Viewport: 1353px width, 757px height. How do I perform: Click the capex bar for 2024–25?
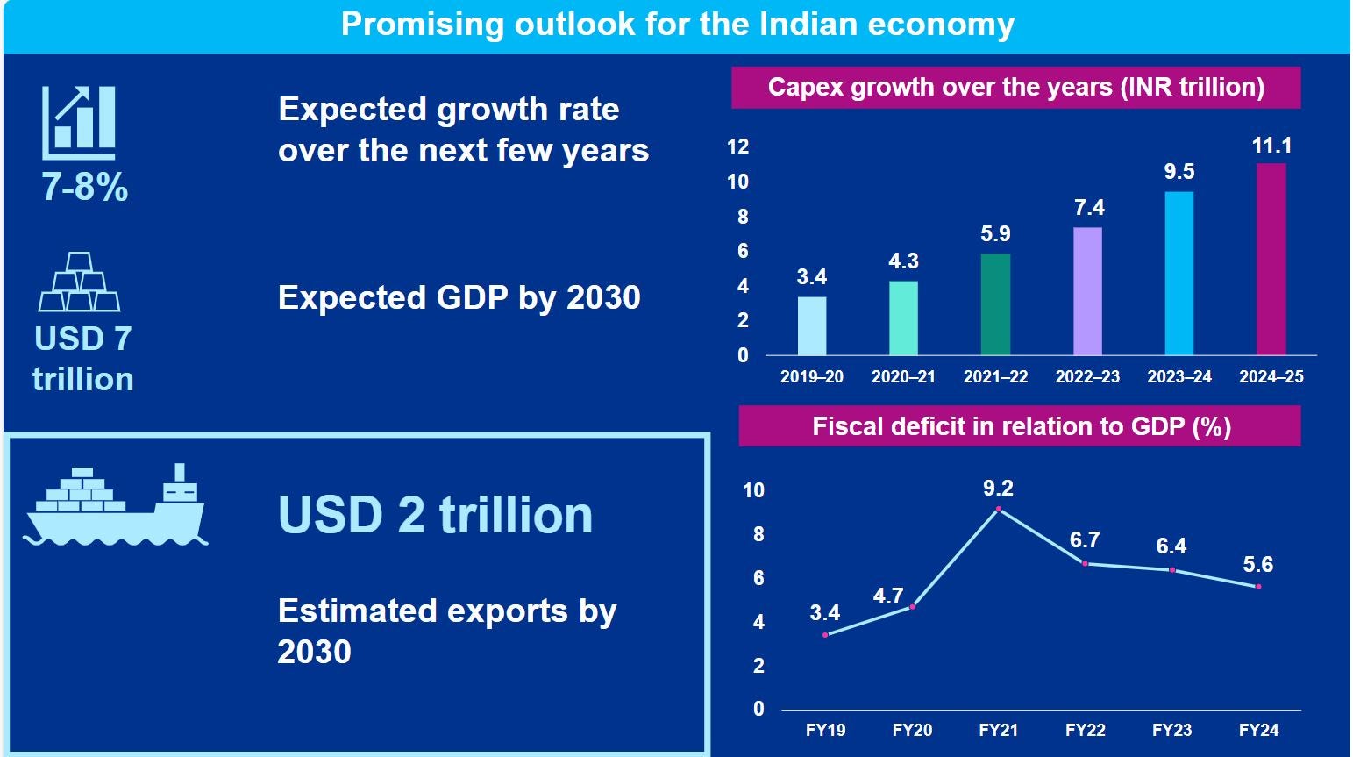click(x=1271, y=259)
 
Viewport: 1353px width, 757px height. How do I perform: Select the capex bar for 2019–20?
click(x=812, y=325)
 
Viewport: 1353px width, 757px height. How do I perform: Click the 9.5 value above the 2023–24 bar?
click(x=1179, y=172)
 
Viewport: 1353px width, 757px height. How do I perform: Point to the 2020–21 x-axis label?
click(x=903, y=377)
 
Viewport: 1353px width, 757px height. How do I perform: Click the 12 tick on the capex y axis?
click(x=738, y=146)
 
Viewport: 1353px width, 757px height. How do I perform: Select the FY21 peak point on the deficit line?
click(x=998, y=509)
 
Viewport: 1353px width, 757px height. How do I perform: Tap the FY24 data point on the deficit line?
click(x=1258, y=586)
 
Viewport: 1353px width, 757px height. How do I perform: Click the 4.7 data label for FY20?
click(x=888, y=596)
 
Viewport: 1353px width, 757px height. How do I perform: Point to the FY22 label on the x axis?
click(x=1085, y=730)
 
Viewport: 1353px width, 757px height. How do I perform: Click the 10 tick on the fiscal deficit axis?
click(x=754, y=490)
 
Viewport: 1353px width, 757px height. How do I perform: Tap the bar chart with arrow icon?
click(x=79, y=122)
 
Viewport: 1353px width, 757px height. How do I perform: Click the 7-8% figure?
click(x=85, y=187)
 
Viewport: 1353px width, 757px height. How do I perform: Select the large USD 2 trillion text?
click(x=435, y=515)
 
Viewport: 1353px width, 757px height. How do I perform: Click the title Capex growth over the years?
click(x=1015, y=88)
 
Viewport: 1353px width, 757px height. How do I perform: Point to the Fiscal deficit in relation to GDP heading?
click(x=1021, y=427)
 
